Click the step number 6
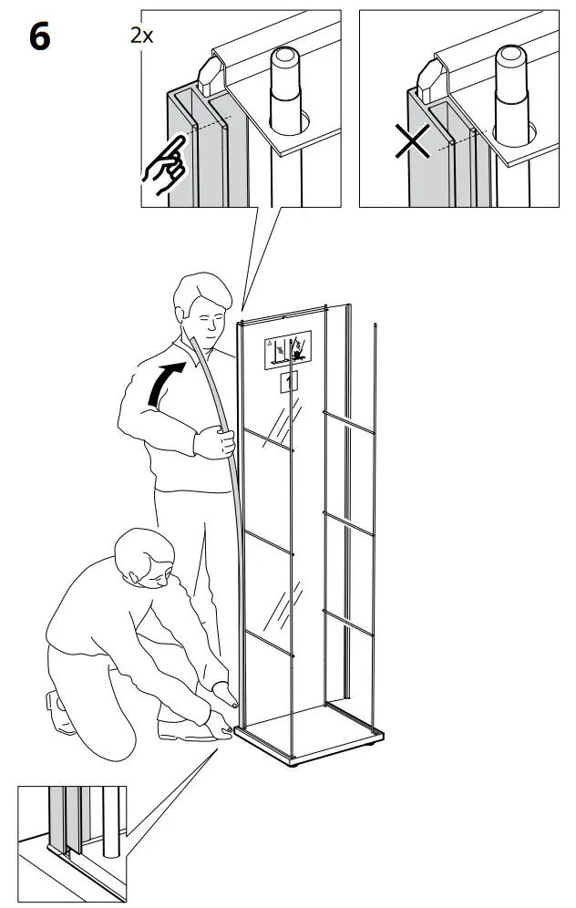pos(40,37)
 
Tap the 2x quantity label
pos(142,36)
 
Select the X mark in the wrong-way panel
pos(413,142)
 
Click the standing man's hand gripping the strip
pos(215,442)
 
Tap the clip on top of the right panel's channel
pos(430,77)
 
